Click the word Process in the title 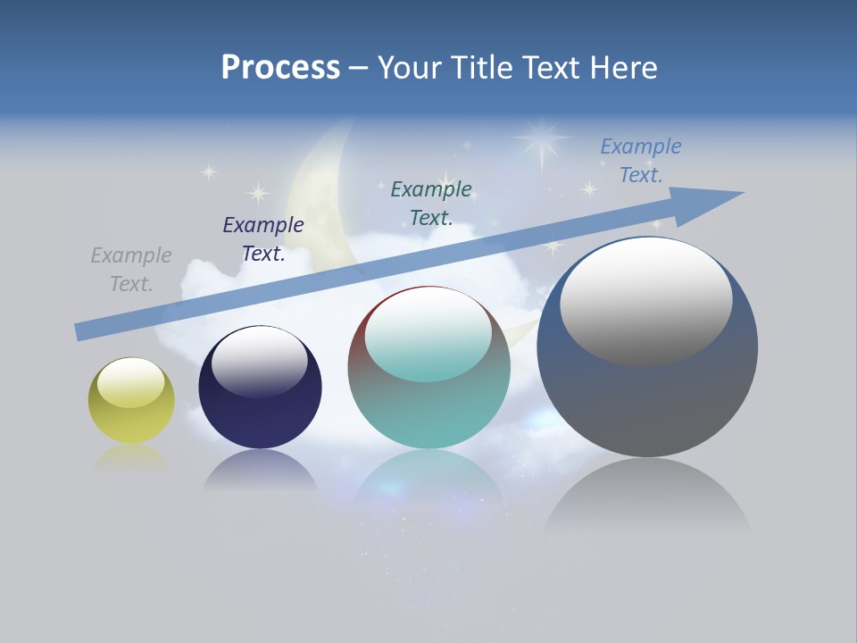coord(280,68)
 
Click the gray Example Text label coord(131,270)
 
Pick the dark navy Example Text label coord(263,239)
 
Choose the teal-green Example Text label coord(431,204)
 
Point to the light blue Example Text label coord(640,161)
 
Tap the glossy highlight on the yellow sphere coord(130,382)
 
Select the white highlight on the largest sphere coord(645,299)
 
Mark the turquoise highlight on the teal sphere coord(428,338)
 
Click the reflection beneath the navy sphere coord(260,471)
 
